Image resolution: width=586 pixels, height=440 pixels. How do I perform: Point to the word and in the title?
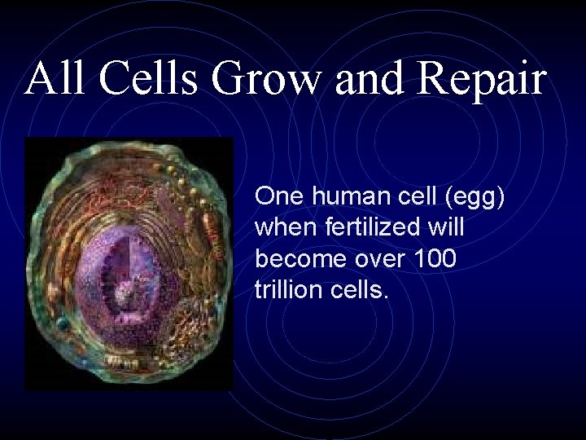point(378,80)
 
